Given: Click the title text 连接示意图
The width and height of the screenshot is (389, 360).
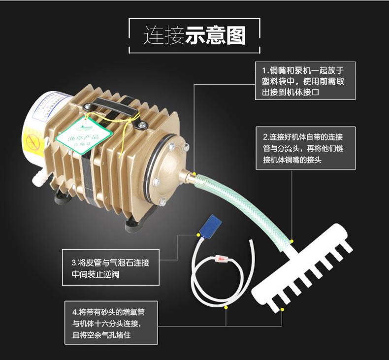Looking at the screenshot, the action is (x=194, y=36).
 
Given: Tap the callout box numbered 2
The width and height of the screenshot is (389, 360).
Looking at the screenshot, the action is (x=305, y=148).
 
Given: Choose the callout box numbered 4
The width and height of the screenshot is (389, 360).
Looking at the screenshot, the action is (x=111, y=323).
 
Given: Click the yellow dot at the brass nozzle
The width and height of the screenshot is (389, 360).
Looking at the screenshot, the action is (x=194, y=174).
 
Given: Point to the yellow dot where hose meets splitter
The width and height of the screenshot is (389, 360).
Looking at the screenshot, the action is (x=292, y=241).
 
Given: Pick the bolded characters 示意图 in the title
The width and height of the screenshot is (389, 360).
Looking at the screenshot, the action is (x=215, y=36).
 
